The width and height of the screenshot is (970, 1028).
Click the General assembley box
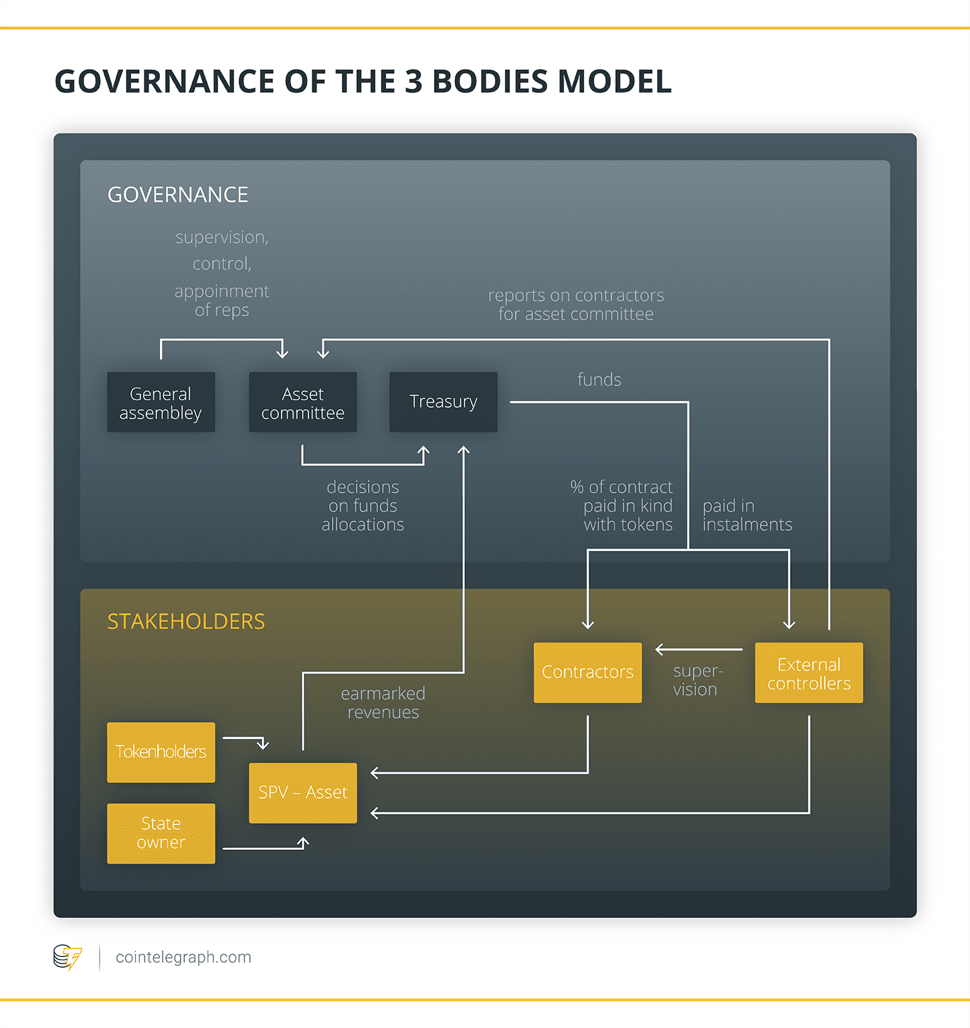point(161,402)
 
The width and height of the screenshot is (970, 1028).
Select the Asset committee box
point(302,402)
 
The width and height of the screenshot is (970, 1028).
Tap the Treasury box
point(443,402)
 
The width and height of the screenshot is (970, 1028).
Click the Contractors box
point(587,672)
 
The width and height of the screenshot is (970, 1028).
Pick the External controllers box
point(809,673)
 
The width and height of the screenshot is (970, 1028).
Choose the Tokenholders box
point(161,752)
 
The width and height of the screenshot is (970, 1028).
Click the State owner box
point(161,833)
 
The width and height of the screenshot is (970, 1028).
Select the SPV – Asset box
point(302,792)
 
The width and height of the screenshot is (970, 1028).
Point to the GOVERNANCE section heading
point(178,195)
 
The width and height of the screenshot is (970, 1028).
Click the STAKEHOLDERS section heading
point(186,622)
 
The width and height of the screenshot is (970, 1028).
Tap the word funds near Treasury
point(599,379)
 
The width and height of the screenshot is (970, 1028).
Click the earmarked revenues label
point(383,703)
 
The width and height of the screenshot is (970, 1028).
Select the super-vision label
point(696,680)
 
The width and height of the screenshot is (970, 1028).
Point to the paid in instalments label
point(747,515)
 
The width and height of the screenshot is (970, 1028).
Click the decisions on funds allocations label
point(363,505)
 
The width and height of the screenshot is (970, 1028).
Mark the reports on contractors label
point(575,305)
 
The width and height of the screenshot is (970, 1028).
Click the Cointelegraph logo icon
point(67,957)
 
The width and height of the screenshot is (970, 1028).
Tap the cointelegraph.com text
point(183,957)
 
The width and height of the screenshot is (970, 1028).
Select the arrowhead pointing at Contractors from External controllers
point(660,649)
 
